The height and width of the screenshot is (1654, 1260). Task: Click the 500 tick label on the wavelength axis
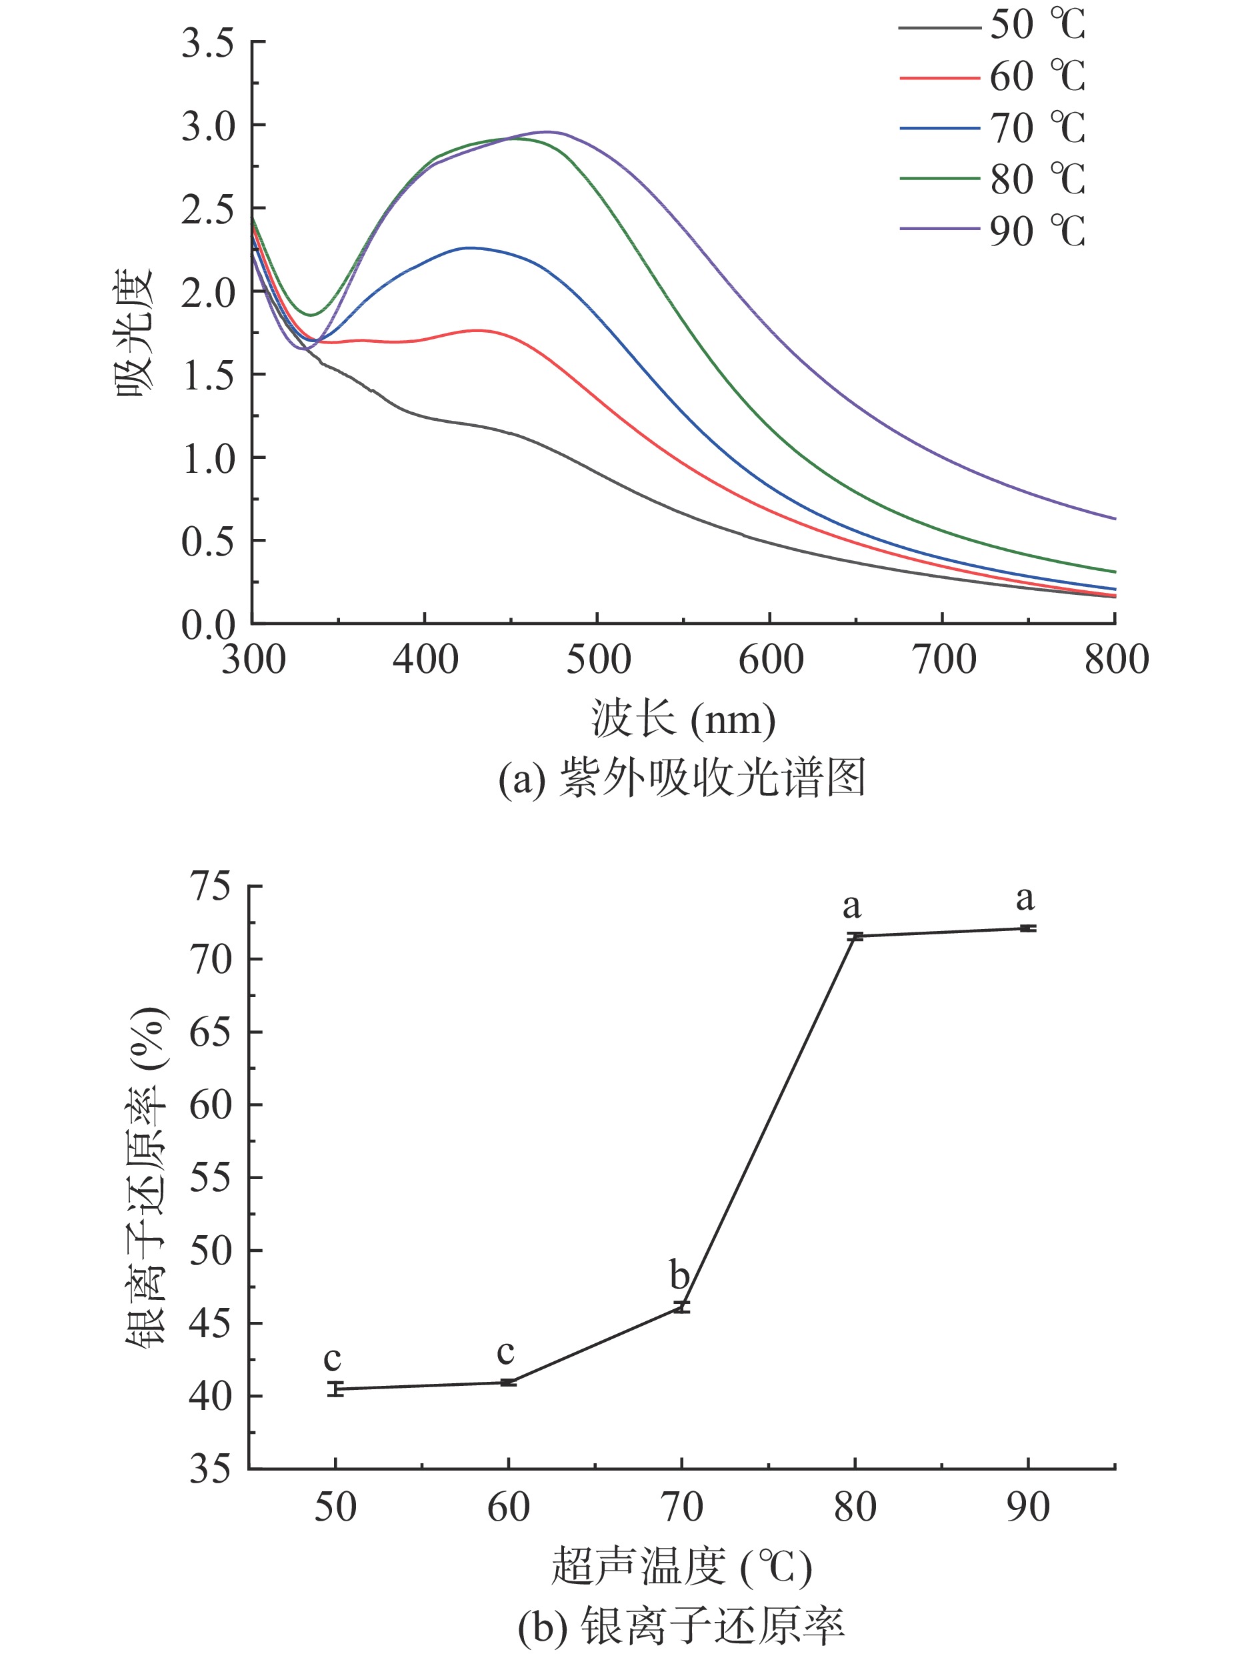point(598,660)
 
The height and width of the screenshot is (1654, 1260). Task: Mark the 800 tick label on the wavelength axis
point(1116,660)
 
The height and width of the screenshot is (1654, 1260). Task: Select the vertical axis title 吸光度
point(135,332)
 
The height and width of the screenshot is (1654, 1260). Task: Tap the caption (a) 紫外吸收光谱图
point(682,778)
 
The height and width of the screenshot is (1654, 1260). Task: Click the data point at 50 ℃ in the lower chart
point(335,1389)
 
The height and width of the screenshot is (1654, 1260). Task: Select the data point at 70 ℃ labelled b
point(681,1307)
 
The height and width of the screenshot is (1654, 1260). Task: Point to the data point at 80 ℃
point(855,936)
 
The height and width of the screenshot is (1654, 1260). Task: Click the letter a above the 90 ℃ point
point(1025,898)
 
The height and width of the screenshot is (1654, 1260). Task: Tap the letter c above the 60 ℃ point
point(505,1353)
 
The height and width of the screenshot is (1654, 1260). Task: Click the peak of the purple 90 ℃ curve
point(547,132)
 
